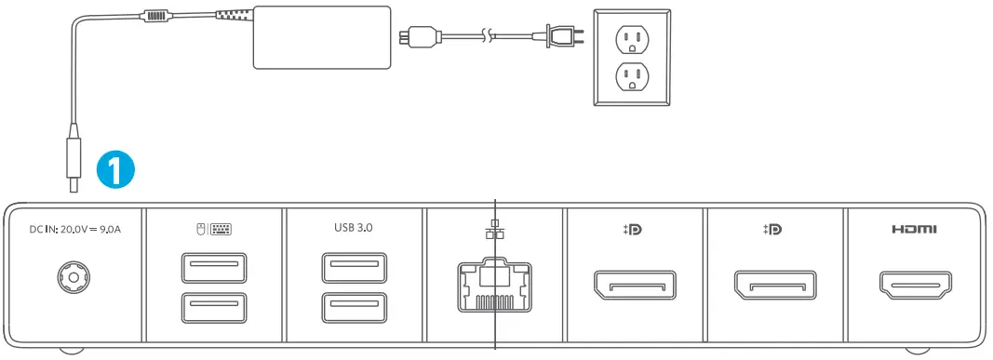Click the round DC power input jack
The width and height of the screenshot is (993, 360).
pos(73,276)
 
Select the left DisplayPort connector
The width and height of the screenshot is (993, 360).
pos(635,286)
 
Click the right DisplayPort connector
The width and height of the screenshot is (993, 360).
pos(775,286)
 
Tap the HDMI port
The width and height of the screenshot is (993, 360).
pos(914,286)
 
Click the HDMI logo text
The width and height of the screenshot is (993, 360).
pos(914,229)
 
